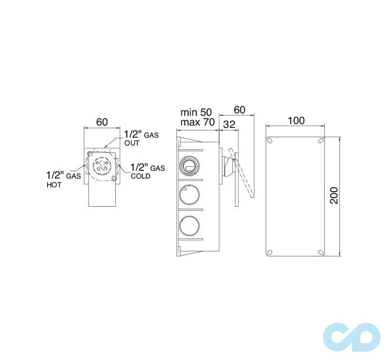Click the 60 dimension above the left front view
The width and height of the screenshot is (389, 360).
click(102, 122)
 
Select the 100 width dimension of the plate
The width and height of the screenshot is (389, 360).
click(296, 120)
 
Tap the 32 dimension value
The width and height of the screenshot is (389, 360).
click(229, 125)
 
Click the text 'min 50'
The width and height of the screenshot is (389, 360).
click(196, 112)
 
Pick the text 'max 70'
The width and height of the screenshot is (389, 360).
click(197, 123)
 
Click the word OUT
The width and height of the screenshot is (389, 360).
click(132, 143)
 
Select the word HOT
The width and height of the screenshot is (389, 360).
click(54, 185)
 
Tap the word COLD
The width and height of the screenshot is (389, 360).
click(140, 176)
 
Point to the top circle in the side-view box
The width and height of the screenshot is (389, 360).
click(189, 165)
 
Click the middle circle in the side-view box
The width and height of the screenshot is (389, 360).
click(189, 196)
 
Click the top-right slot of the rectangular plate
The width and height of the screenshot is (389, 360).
click(320, 141)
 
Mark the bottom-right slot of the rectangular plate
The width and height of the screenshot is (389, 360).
click(320, 252)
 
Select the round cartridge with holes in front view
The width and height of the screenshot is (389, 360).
click(102, 165)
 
